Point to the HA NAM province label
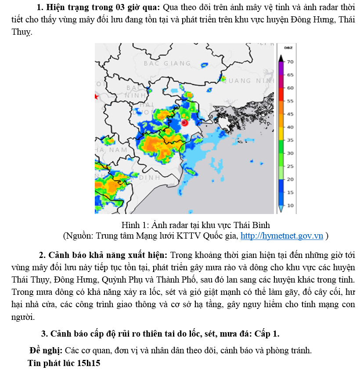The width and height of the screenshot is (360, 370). (x=112, y=150)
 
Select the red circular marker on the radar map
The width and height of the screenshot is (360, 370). (x=184, y=123)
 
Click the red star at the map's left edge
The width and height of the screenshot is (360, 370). (x=97, y=97)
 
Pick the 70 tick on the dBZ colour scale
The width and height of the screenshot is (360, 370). (x=290, y=62)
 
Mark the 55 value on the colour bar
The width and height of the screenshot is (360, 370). (x=290, y=101)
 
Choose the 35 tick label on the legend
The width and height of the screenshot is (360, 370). (x=290, y=140)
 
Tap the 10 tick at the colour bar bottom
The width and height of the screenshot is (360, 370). (x=290, y=206)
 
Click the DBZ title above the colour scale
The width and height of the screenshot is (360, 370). (x=288, y=47)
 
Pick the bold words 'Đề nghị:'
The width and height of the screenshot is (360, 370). (x=46, y=351)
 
